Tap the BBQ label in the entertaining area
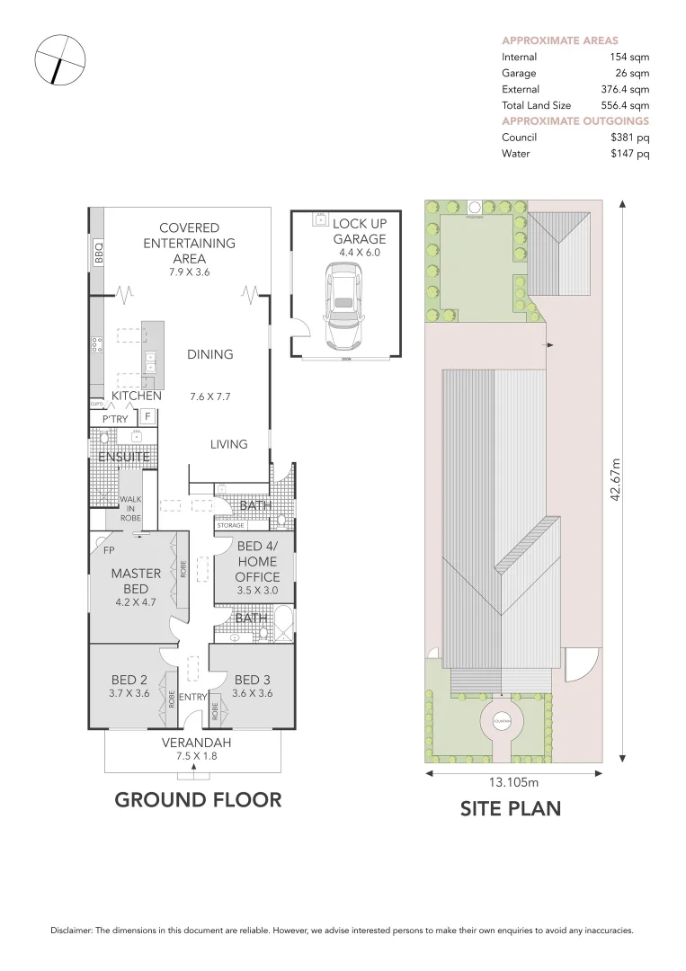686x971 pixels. pos(99,253)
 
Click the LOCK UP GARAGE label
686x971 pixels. pos(359,231)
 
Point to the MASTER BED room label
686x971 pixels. pos(136,581)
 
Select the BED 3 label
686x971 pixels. pos(252,680)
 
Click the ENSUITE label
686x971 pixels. pos(124,457)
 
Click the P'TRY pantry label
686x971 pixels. pos(115,419)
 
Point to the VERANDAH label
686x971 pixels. pos(197,743)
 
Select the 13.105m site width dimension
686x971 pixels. pos(514,781)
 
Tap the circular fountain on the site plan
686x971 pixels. pos(502,720)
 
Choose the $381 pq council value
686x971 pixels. pos(629,138)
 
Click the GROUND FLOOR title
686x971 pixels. pos(198,799)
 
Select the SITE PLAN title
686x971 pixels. pos(510,808)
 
